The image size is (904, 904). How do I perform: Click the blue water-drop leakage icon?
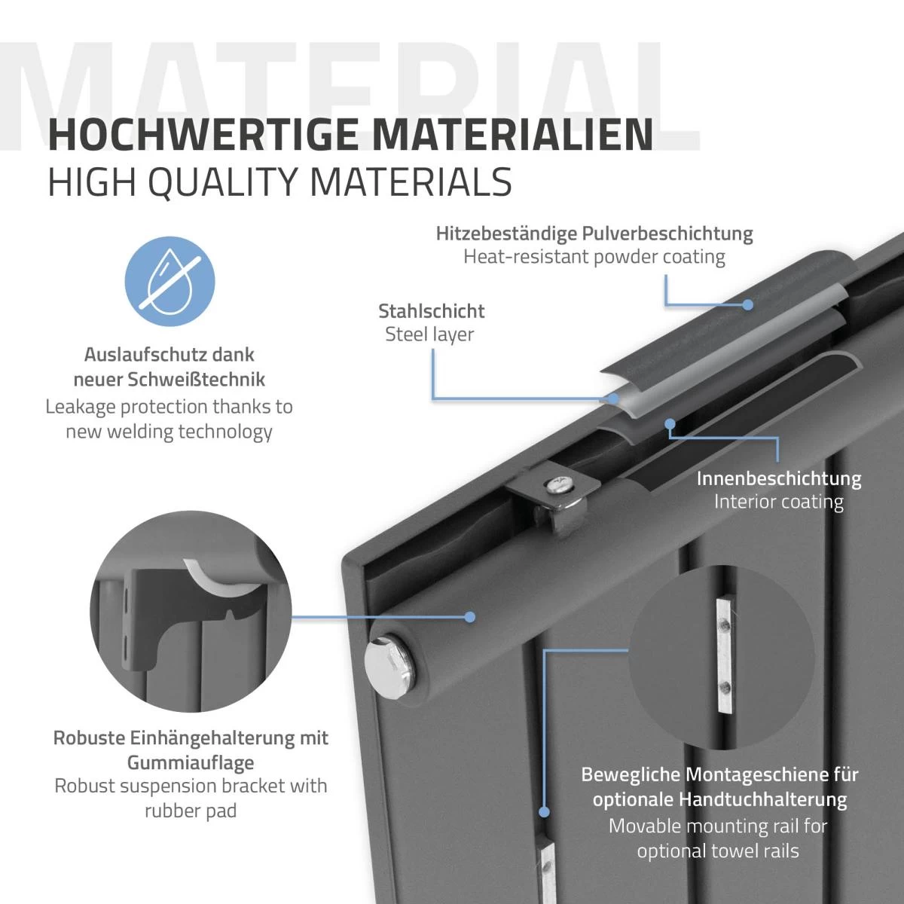coord(169,282)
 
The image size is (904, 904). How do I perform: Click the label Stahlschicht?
coord(432,311)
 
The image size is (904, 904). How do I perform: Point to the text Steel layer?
coord(429,334)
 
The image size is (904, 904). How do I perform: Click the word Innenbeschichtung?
coord(779,478)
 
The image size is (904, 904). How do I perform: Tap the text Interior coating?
coord(779,502)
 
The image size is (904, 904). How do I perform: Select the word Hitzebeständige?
coord(506,234)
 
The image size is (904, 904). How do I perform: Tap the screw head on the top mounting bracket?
coord(560,484)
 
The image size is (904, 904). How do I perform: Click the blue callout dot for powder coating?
coord(748,305)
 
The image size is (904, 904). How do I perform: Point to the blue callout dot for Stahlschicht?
coord(612,399)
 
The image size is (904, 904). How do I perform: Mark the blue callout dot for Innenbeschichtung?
coord(670,423)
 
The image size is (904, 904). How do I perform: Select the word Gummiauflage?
coord(191,763)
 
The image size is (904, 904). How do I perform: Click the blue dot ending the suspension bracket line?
coord(469,617)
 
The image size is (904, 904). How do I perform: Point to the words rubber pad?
coord(191,811)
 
